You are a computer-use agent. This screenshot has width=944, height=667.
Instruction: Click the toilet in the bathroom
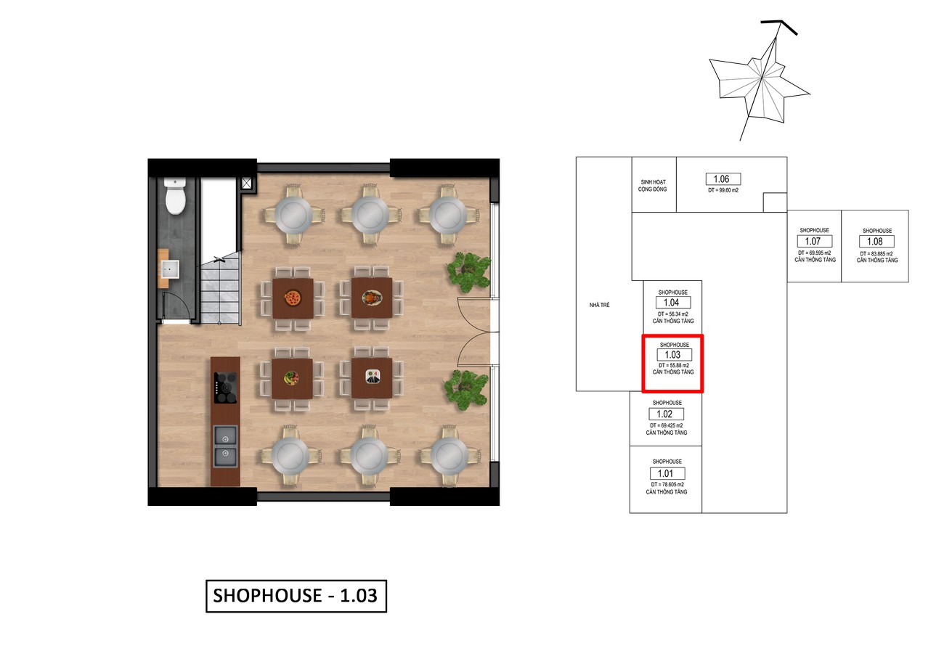tap(175, 196)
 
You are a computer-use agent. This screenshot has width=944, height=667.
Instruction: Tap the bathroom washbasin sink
tap(171, 269)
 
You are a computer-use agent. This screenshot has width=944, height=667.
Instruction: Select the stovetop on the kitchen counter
tap(225, 388)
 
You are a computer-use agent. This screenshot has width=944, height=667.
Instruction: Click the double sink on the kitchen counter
tap(225, 447)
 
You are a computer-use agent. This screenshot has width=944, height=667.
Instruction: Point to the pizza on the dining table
tap(292, 298)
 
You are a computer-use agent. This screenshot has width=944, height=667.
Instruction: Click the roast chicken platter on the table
tap(372, 298)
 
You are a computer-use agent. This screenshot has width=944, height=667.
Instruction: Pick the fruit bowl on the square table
tap(290, 377)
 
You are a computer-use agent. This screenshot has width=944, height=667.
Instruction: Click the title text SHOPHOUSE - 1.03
tap(296, 596)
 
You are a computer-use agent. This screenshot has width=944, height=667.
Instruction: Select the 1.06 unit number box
tap(723, 179)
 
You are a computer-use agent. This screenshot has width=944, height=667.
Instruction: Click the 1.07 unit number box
tap(815, 241)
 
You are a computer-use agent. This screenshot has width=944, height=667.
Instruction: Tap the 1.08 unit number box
tap(876, 241)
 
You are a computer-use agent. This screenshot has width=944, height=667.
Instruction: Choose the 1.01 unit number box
tap(667, 473)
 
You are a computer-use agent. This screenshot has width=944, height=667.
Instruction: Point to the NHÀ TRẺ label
tap(599, 305)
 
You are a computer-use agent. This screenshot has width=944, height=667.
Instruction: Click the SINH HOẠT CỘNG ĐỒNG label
tap(653, 186)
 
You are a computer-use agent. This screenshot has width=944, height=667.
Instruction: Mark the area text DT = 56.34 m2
tap(673, 314)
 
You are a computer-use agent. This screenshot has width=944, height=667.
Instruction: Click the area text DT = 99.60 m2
tap(723, 190)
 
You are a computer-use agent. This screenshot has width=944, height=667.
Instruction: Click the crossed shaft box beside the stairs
tap(247, 183)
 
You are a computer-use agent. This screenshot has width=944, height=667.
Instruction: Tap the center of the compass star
tap(762, 78)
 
